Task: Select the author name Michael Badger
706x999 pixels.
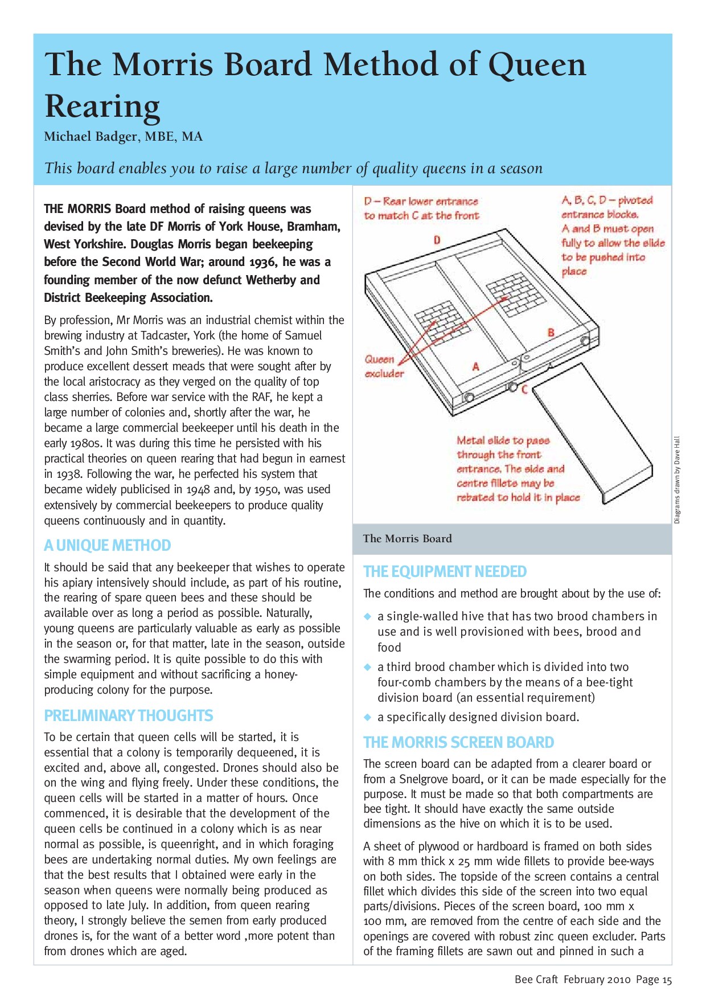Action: (x=91, y=137)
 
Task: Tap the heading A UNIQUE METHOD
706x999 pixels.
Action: (x=107, y=546)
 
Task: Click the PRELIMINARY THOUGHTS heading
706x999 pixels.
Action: (x=129, y=715)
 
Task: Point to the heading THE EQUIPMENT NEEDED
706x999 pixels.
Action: (x=445, y=571)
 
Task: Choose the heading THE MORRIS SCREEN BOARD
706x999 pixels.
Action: (x=458, y=742)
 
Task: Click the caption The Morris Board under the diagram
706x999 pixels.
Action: (x=407, y=539)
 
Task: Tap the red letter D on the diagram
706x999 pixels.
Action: (x=437, y=240)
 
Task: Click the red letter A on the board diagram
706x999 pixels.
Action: (x=476, y=367)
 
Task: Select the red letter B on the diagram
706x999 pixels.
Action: (x=551, y=333)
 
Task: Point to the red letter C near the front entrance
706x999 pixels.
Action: (x=524, y=390)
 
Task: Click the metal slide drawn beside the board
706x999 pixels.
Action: (x=593, y=433)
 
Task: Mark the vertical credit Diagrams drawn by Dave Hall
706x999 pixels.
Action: (x=677, y=480)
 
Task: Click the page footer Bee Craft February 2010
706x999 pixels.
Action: (x=573, y=980)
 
